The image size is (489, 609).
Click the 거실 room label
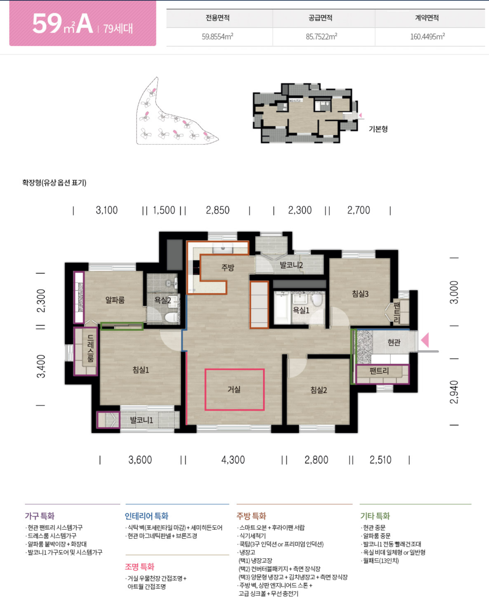pos(234,389)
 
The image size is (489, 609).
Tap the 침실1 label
pos(141,370)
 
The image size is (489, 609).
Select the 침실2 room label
pos(319,390)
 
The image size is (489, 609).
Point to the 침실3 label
pos(360,293)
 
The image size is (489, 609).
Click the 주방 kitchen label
pos(228,267)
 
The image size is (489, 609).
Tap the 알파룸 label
pos(115,300)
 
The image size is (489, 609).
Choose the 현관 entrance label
pos(394,342)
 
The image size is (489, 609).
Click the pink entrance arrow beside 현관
pos(425,340)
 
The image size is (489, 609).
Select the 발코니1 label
pos(142,420)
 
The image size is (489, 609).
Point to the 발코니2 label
pos(291,265)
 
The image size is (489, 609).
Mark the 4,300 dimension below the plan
pos(233,460)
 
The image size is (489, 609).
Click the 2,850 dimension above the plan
pos(217,210)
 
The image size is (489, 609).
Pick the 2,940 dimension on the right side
pos(454,392)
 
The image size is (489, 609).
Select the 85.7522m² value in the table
pos(321,36)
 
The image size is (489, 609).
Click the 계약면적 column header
pos(427,18)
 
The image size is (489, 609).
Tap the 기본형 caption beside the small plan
pos(378,129)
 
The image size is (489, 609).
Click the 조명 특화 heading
pos(139,567)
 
